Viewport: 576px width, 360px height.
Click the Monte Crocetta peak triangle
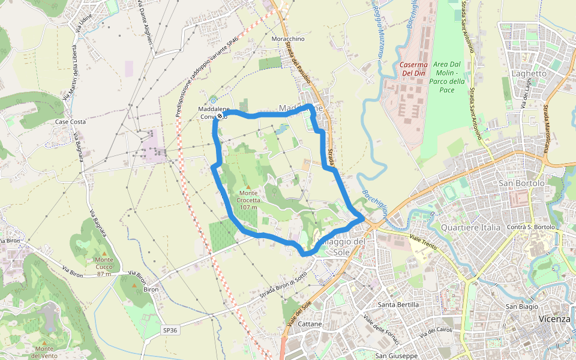pyautogui.click(x=248, y=187)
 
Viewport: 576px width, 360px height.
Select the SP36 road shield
pyautogui.click(x=170, y=330)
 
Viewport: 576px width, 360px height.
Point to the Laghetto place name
pyautogui.click(x=529, y=73)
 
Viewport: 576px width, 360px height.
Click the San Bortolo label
pyautogui.click(x=521, y=182)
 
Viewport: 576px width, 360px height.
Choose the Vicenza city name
pyautogui.click(x=554, y=319)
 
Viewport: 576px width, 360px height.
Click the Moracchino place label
pyautogui.click(x=289, y=39)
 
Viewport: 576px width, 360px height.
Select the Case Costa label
pyautogui.click(x=70, y=122)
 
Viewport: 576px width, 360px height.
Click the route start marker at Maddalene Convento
pyautogui.click(x=220, y=115)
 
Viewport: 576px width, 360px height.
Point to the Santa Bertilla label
pyautogui.click(x=398, y=305)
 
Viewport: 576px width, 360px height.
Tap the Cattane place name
pyautogui.click(x=310, y=324)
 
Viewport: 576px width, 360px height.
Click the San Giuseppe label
pyautogui.click(x=396, y=356)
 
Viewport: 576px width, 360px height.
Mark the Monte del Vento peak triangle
pyautogui.click(x=44, y=343)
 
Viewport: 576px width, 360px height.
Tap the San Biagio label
pyautogui.click(x=521, y=307)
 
